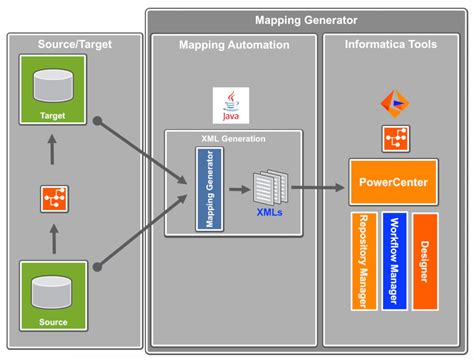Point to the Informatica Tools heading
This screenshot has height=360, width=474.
[x=392, y=45]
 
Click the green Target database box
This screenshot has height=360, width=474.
[x=53, y=91]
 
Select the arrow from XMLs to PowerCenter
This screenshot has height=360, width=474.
[x=316, y=185]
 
